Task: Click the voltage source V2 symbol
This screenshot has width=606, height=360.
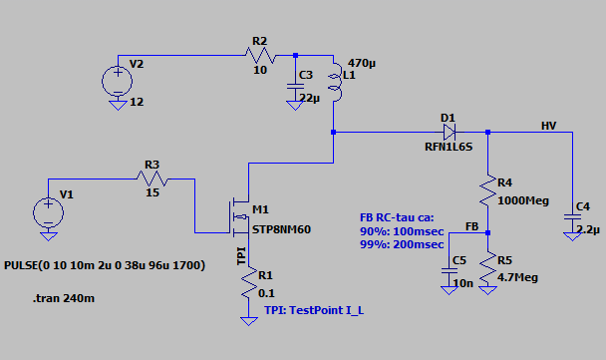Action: click(117, 77)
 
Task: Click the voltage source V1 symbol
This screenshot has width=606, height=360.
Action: click(47, 212)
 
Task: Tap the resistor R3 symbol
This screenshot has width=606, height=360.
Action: click(152, 180)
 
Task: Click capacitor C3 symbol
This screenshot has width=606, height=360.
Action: click(295, 88)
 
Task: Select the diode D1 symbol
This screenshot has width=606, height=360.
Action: click(449, 131)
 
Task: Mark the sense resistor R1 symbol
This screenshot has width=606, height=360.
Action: click(244, 288)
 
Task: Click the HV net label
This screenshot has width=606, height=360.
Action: click(548, 125)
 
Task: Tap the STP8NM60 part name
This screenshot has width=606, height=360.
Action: click(282, 229)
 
